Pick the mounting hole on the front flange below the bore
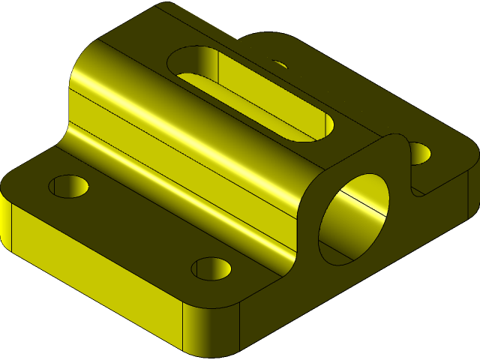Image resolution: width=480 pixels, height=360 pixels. (x=211, y=268)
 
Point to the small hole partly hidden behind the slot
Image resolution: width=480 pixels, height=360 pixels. (x=279, y=65)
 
